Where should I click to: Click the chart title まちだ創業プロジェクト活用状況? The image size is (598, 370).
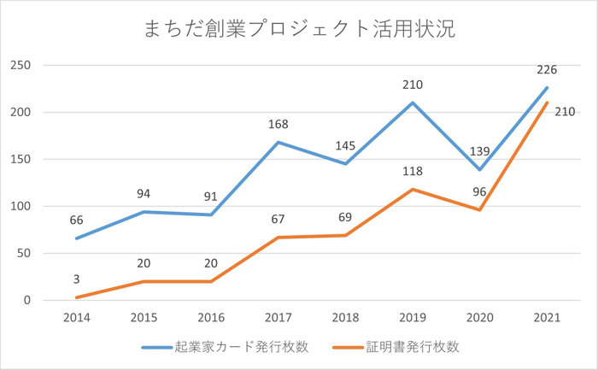pos(299,29)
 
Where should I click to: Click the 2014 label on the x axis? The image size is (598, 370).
pos(77,317)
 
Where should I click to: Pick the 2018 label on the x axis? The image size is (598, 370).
pos(346,317)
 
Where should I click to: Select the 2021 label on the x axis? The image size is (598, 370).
pos(548,317)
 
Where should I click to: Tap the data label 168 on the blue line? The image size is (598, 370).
pos(278,125)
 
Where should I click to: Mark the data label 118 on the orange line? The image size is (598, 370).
pos(413,171)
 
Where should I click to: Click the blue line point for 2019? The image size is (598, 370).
pos(413,103)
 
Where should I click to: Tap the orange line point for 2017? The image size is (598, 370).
pos(278,238)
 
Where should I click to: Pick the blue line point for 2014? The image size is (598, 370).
pos(77,238)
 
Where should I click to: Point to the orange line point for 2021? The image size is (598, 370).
pos(548,103)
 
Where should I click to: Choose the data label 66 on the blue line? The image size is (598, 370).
pos(77,220)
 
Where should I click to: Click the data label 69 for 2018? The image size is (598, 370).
pos(346,218)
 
